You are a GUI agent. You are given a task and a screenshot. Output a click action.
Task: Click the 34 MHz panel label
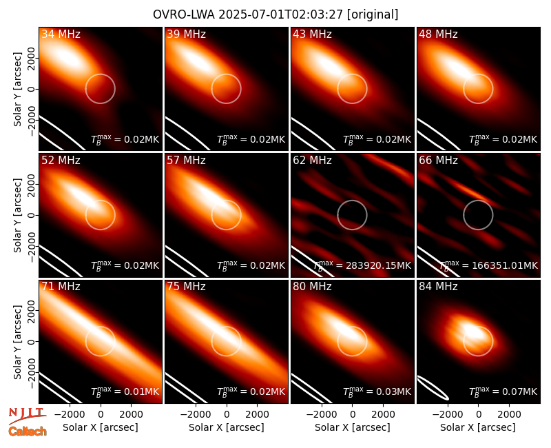61,34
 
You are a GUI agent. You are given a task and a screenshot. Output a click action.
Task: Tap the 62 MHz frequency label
313,161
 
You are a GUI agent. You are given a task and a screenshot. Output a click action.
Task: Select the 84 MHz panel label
438,287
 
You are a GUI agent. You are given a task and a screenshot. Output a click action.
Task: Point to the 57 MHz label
186,161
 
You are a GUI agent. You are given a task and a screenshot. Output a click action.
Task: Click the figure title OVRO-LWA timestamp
275,14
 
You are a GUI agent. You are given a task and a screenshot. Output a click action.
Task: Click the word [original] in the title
373,14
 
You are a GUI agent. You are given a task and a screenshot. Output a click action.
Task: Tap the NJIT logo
27,415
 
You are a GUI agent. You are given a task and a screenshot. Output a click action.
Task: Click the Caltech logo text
28,431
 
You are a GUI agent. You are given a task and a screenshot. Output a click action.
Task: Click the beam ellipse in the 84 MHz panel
433,388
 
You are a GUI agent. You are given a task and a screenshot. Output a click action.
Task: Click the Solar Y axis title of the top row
17,90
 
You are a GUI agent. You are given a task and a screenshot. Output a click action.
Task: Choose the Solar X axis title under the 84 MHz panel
478,427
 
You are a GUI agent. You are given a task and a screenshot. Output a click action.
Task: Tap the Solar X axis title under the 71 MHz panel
101,427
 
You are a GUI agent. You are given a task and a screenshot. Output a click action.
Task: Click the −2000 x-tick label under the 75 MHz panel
196,415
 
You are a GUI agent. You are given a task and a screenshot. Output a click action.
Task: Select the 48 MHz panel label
438,34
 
